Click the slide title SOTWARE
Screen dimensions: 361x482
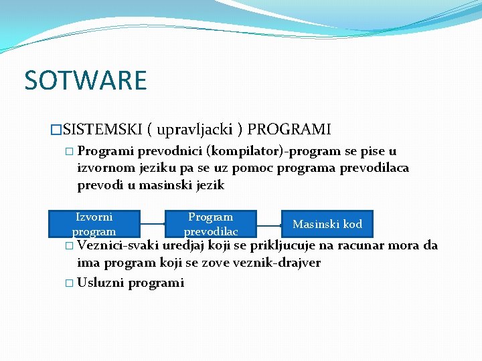[x=85, y=80]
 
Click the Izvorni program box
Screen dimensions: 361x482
[x=94, y=224]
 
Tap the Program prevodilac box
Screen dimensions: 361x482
[x=211, y=224]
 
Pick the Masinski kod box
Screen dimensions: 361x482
[x=327, y=224]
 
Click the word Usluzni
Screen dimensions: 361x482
[x=100, y=282]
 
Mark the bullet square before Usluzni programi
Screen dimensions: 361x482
[x=70, y=283]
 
